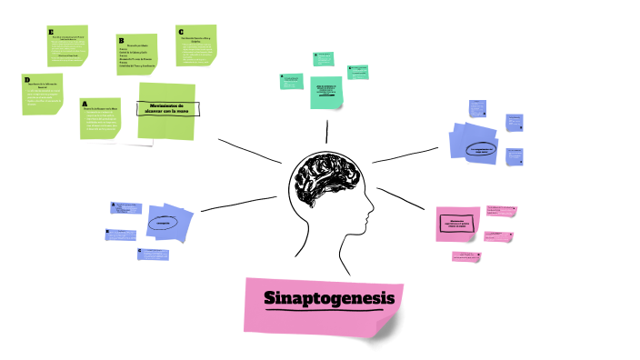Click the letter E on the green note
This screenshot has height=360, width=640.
52,32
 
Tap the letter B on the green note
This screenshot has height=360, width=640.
120,40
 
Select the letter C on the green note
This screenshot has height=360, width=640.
180,31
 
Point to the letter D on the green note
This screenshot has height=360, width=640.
27,80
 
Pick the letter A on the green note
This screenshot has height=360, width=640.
85,105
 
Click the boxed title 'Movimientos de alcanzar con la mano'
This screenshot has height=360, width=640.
167,108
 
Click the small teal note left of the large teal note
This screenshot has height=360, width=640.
291,81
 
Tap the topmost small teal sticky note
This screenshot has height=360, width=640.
325,59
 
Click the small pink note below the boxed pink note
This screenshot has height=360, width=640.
466,256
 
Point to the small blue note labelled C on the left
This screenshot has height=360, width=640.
153,255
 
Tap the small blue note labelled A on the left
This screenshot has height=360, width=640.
125,208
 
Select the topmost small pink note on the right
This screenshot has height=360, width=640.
501,211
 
